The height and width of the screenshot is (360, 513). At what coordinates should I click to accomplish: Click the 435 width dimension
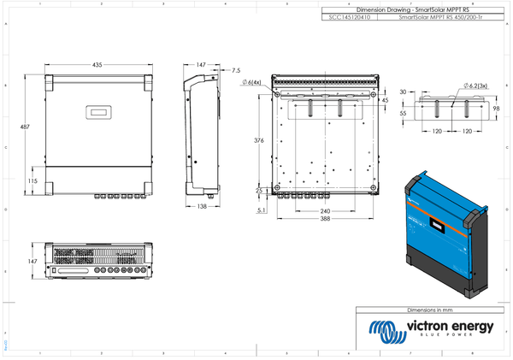click(97, 65)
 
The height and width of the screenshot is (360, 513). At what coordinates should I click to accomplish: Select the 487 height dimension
click(25, 127)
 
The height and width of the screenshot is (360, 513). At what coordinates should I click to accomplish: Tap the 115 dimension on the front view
click(32, 181)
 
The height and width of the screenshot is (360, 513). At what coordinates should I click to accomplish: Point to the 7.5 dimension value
click(236, 70)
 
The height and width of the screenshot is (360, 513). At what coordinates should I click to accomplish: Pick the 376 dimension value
click(259, 140)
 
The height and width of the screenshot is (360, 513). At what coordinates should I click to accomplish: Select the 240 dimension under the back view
click(325, 210)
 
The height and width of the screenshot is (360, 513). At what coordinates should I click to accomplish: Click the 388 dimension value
click(325, 220)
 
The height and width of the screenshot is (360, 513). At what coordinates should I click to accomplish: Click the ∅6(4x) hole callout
click(251, 82)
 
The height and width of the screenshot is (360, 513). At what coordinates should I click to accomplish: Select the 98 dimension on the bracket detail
click(496, 109)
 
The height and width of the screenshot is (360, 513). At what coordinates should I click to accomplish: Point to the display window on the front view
click(97, 111)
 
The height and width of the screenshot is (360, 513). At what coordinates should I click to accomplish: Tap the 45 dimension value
click(385, 101)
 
